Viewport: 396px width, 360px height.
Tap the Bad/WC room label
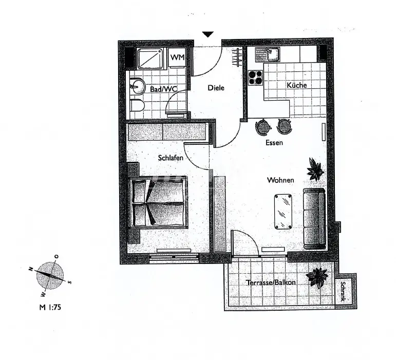pyautogui.click(x=164, y=89)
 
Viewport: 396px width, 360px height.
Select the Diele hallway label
pyautogui.click(x=216, y=88)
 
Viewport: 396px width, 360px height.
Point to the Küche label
pyautogui.click(x=297, y=85)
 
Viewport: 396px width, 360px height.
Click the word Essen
pyautogui.click(x=274, y=143)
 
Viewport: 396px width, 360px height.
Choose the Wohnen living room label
pyautogui.click(x=280, y=180)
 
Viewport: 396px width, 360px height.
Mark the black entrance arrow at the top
pyautogui.click(x=208, y=35)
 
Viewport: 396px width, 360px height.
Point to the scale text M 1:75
pyautogui.click(x=49, y=308)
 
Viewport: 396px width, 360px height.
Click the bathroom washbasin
pyautogui.click(x=137, y=86)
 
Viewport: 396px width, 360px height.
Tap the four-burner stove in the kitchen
pyautogui.click(x=255, y=77)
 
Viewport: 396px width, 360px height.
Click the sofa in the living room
pyautogui.click(x=313, y=218)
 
